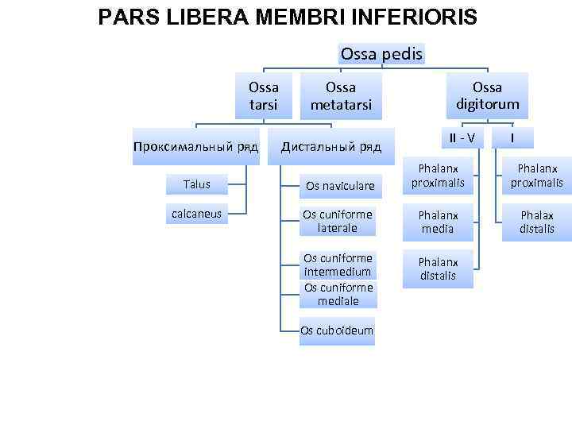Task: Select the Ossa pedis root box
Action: coord(382,53)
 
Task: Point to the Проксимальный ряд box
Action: coord(195,147)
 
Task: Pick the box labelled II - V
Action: coord(462,137)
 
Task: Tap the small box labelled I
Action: coord(512,137)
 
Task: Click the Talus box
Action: coord(197,184)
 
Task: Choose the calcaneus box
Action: coord(197,213)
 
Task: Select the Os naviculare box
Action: coord(340,186)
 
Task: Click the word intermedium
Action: coord(338,272)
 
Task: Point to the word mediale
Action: coord(338,301)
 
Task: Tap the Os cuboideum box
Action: coord(337,330)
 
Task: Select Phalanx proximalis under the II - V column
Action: coord(438,176)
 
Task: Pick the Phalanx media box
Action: coord(438,221)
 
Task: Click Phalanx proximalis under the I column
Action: coord(536,176)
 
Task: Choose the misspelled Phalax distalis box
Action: coord(536,221)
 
